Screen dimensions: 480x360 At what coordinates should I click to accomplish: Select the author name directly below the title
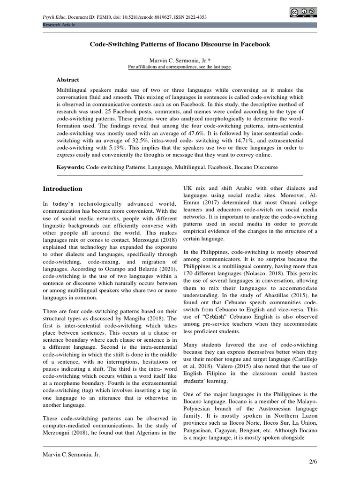coord(180,60)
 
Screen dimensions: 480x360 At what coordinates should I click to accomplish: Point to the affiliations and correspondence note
coord(180,67)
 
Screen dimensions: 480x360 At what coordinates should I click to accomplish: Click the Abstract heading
coord(67,80)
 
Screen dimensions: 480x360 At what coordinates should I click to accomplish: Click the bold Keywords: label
coord(71,167)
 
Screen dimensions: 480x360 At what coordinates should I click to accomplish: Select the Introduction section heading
coord(62,189)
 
